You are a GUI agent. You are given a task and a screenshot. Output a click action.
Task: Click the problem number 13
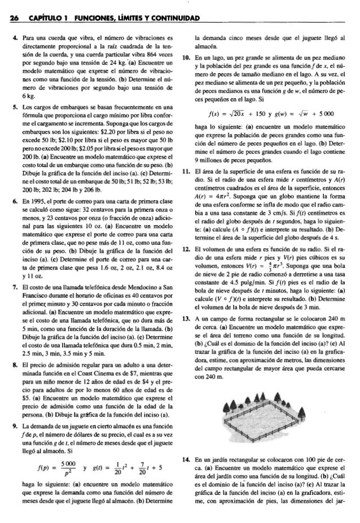(185, 318)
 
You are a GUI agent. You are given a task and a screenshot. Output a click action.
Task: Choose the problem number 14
(185, 460)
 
